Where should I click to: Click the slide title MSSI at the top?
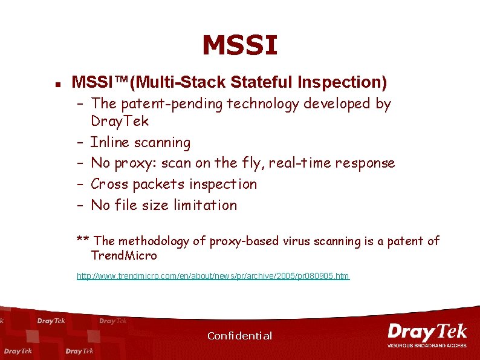pos(240,45)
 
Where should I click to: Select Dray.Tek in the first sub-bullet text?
pos(120,121)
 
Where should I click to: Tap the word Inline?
pos(109,143)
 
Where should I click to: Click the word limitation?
pos(206,205)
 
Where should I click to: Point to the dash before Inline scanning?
pos(80,143)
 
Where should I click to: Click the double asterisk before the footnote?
pos(83,240)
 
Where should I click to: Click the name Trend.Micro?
pos(124,256)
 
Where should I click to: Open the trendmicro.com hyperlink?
pos(213,276)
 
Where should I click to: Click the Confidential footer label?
pos(239,336)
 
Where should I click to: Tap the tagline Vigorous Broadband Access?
pos(427,345)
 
